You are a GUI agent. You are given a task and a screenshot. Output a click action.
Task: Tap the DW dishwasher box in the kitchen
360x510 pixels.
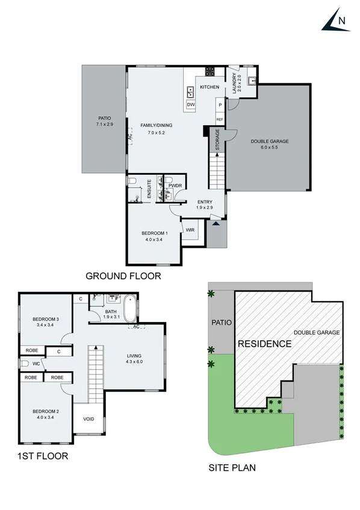coord(191,104)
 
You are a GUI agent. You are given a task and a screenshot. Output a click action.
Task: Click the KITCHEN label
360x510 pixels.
coord(209,87)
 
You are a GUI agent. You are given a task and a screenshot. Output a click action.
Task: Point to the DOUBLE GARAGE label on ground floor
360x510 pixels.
coord(269,141)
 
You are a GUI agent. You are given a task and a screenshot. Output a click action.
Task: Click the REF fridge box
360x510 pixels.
coord(220,119)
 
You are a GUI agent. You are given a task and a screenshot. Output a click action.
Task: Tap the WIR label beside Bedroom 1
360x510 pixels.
coord(190,229)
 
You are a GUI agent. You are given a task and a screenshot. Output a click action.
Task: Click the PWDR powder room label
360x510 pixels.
coord(175,186)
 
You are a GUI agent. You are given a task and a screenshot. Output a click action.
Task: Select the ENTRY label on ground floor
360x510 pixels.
coord(205,202)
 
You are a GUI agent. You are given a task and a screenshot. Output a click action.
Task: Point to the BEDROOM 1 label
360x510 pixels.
coord(154,233)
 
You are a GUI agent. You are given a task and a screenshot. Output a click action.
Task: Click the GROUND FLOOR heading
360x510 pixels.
coord(123,276)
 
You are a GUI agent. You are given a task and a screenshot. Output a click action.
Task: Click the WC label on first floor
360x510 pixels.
coord(36,363)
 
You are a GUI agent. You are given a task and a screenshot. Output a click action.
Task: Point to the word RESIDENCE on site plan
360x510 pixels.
coord(264,344)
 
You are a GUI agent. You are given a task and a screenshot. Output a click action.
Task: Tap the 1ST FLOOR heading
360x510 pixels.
coord(43,456)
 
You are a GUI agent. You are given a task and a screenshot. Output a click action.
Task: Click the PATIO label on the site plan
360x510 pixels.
coord(221,322)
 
